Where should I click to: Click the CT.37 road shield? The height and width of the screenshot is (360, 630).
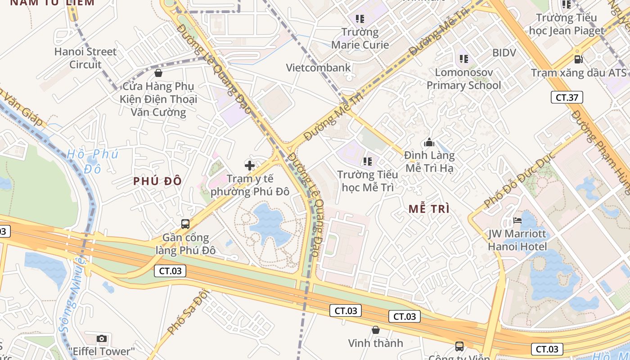(x=567, y=97)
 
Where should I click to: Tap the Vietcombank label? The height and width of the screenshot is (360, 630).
(x=318, y=67)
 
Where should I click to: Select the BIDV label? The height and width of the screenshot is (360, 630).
(x=504, y=53)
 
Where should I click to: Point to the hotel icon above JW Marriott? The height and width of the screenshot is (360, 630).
(x=517, y=220)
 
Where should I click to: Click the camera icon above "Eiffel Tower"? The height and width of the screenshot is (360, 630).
(x=102, y=338)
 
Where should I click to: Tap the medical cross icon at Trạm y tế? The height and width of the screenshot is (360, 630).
(x=250, y=165)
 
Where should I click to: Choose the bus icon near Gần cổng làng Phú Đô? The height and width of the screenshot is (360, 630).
(x=185, y=224)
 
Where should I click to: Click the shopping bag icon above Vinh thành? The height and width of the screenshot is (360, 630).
(x=376, y=330)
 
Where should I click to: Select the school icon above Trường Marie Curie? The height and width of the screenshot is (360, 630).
(x=360, y=19)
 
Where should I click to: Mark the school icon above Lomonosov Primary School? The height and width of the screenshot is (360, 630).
(x=464, y=59)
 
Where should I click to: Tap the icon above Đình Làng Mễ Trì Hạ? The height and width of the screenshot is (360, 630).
(x=429, y=143)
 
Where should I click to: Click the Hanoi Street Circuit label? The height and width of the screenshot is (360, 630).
(x=85, y=58)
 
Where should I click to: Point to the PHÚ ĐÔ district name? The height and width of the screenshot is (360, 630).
(x=157, y=181)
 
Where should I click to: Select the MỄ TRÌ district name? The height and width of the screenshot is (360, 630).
(x=429, y=209)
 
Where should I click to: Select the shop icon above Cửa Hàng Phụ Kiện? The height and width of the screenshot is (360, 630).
(x=158, y=73)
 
